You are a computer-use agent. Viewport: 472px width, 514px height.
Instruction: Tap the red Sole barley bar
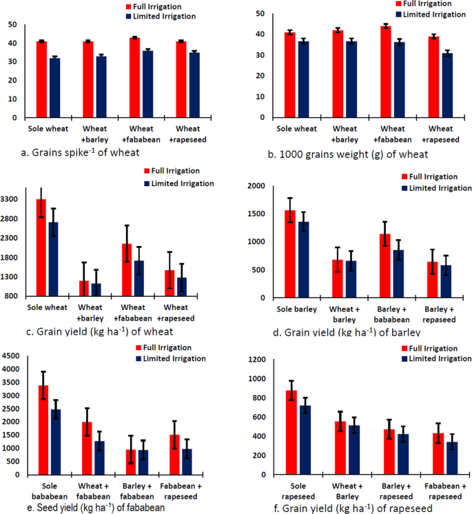290,254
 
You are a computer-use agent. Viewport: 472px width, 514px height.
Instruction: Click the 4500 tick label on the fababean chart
12,356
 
